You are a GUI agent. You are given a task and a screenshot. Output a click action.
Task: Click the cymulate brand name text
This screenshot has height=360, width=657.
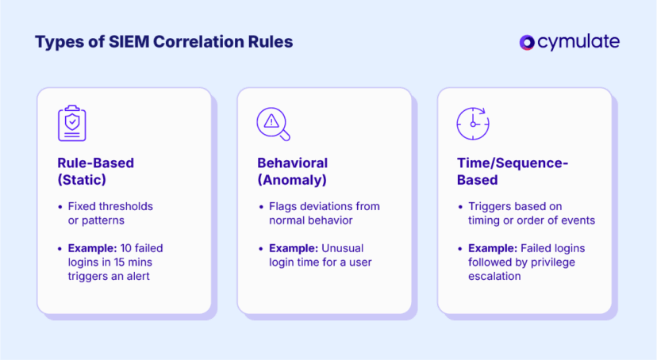point(578,42)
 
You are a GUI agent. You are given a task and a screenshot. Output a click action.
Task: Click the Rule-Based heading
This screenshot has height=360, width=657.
point(95,163)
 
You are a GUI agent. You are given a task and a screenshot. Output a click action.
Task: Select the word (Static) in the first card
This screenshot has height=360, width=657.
point(83,180)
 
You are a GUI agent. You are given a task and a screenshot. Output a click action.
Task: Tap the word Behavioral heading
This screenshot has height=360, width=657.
point(292,163)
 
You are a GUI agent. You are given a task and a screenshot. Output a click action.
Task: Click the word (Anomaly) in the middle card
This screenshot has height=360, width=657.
point(292,180)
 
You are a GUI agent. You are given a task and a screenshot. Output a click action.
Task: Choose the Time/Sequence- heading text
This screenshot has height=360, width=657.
point(513,163)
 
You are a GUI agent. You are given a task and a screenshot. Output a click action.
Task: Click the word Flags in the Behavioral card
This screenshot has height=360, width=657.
point(283,206)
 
